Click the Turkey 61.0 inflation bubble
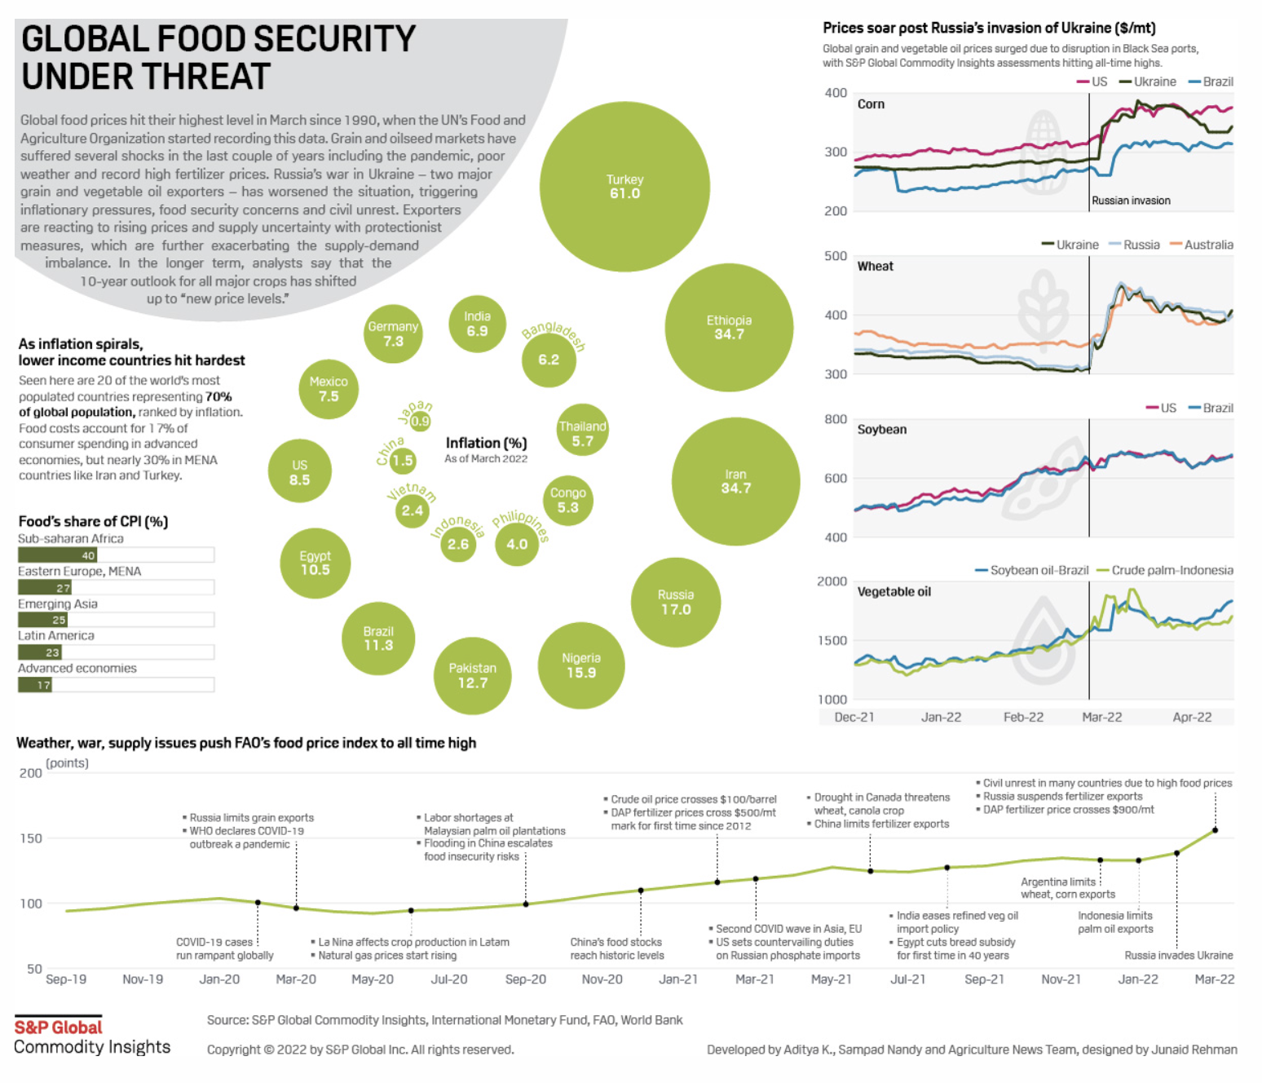tap(624, 187)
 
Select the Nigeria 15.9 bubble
tap(581, 665)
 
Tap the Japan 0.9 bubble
tap(420, 421)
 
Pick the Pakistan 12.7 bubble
tap(473, 675)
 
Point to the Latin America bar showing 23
tap(40, 652)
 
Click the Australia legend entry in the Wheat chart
tap(1207, 245)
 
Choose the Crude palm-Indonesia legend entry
tap(1172, 570)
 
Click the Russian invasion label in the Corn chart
tap(1131, 201)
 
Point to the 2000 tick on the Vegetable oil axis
tap(832, 581)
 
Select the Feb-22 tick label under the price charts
tap(1023, 717)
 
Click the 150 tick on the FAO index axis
tap(31, 838)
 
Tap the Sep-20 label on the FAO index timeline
tap(526, 979)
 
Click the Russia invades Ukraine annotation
tap(1179, 955)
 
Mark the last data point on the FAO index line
tap(1215, 830)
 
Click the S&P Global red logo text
tap(58, 1028)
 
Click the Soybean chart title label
tap(881, 430)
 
